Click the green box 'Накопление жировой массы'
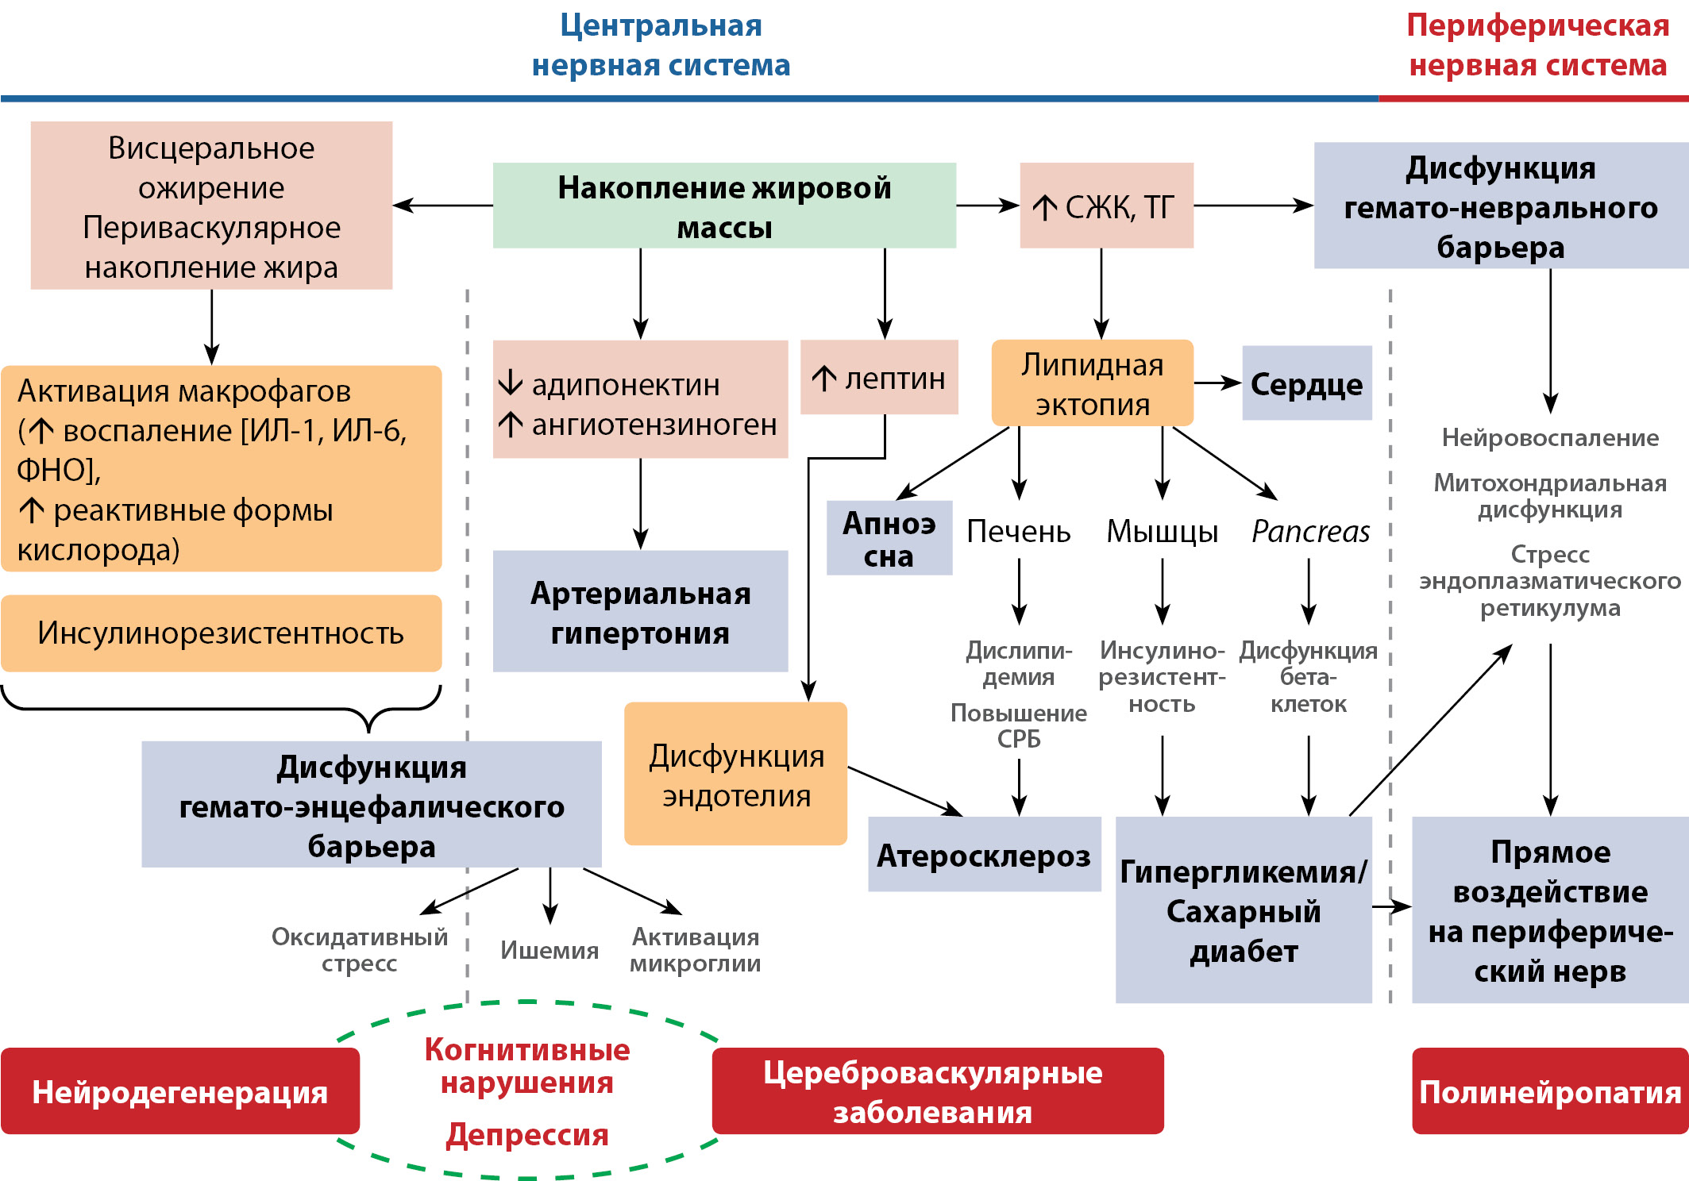pos(723,206)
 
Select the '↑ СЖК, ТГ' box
pos(1106,206)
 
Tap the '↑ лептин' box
pos(879,378)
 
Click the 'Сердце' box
pos(1306,383)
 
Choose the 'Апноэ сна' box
pos(889,538)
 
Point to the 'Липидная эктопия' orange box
pos(1092,383)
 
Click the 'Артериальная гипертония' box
pos(640,612)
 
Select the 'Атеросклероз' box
pos(984,855)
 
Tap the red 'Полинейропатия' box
pos(1549,1091)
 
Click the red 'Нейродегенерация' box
pos(180,1091)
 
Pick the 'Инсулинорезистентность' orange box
pos(221,633)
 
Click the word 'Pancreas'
pos(1310,532)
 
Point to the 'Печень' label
pos(1019,532)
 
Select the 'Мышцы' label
pos(1162,532)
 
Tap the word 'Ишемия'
pos(550,950)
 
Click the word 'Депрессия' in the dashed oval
pos(527,1135)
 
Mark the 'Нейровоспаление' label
pos(1550,437)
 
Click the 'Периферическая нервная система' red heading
pos(1537,45)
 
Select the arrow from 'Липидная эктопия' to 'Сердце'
pos(1217,383)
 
